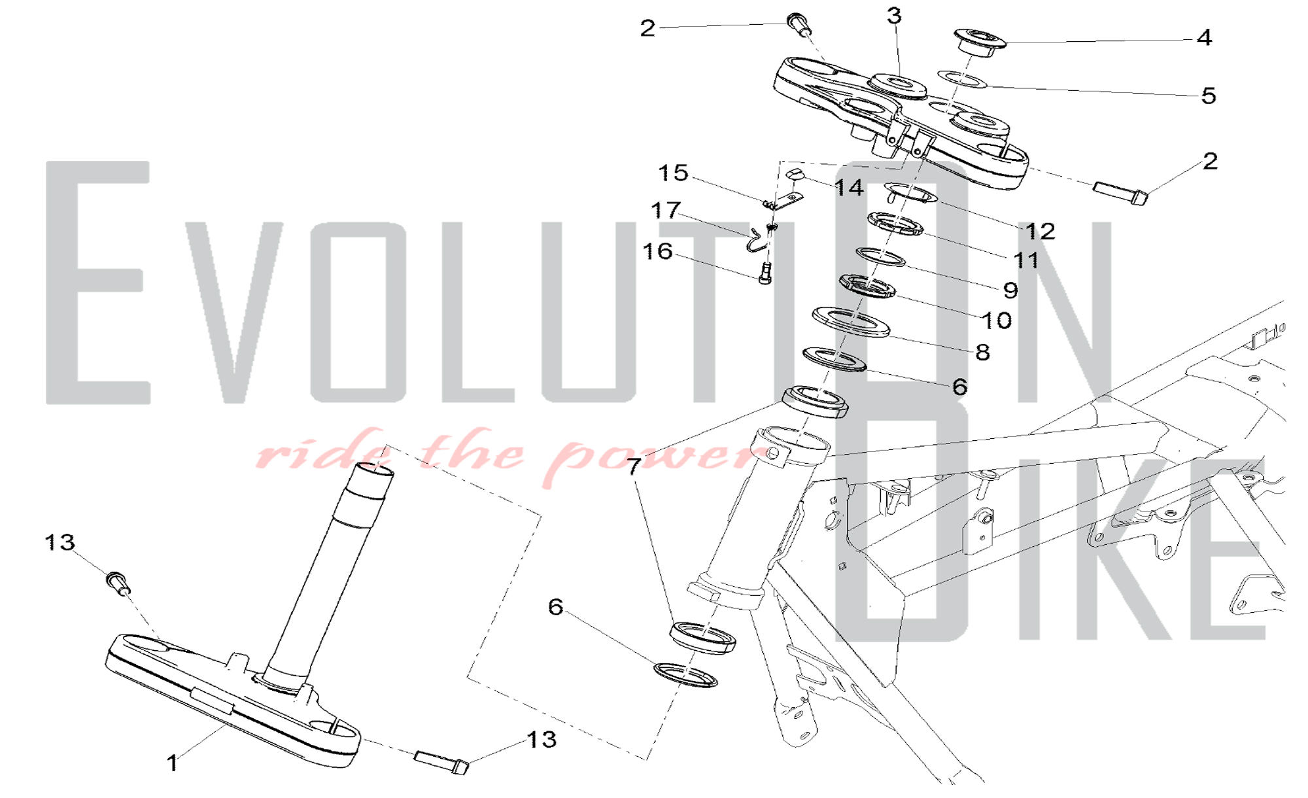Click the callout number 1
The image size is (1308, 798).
[172, 763]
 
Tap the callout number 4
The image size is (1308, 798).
[1204, 37]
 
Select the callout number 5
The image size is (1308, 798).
[1209, 95]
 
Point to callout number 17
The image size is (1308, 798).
[666, 210]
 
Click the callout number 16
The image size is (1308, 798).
[657, 251]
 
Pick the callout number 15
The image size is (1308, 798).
[673, 173]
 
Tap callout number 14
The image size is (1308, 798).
[849, 188]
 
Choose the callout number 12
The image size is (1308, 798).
[1040, 231]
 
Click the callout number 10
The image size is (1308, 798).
[997, 320]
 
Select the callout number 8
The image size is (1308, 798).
[982, 352]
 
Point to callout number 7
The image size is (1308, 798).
[633, 466]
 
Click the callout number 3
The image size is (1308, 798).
[894, 16]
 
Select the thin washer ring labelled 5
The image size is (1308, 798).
[962, 80]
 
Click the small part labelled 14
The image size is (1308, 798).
[793, 173]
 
